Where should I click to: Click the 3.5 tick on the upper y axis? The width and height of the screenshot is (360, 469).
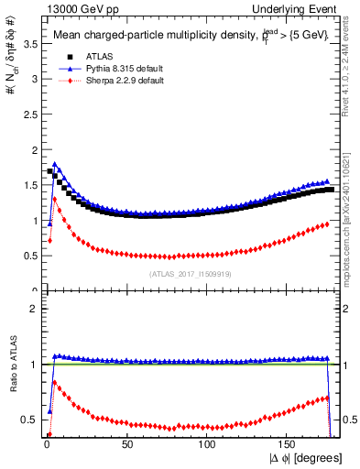pos(30,43)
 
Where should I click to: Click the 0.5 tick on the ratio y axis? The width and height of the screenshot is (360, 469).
pos(30,420)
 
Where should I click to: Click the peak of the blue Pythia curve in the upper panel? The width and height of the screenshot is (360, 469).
pos(55,165)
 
